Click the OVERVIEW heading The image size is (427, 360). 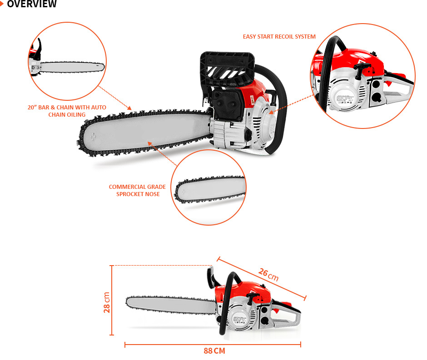coord(32,4)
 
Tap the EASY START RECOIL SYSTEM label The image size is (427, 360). coord(279,36)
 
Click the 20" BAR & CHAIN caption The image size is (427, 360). coord(67,111)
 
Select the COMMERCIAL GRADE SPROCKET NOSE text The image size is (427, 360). coord(138,191)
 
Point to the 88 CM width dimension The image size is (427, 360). coord(214,351)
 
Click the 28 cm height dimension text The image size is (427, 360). coord(106,302)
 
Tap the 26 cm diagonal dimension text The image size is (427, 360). coord(268,274)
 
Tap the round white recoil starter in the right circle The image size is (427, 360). coord(344,98)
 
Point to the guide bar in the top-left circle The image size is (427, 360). coord(72,67)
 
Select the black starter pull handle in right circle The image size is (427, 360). coord(362,68)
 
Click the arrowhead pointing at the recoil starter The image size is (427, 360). coord(271,112)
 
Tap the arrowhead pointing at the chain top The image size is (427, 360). coord(129,108)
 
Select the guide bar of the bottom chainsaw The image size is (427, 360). coord(171,305)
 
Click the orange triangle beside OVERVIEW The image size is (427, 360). coord(2,4)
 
